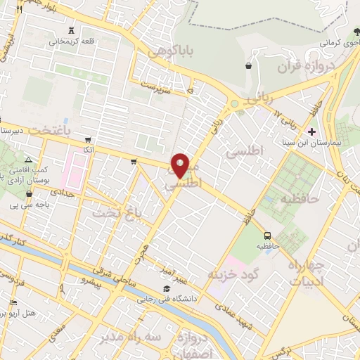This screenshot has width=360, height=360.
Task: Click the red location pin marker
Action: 180,165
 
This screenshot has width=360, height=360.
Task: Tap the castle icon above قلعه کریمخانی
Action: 74,30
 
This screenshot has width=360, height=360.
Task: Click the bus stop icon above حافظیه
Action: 266,236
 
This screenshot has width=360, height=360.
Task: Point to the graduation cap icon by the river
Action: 166,288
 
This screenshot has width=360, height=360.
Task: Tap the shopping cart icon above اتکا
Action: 87,140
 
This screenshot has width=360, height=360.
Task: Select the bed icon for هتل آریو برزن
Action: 13,302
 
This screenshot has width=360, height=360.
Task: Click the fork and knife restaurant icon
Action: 19,9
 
